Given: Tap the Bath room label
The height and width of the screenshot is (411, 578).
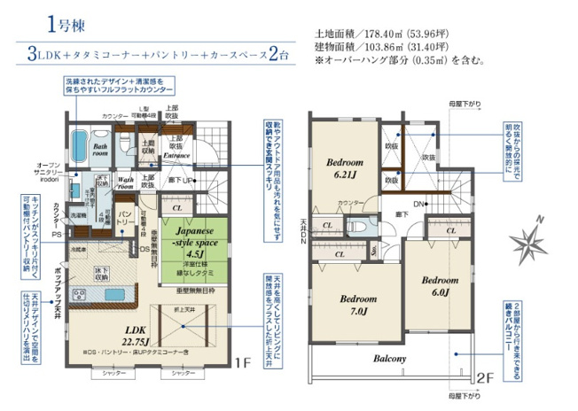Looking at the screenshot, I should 100,151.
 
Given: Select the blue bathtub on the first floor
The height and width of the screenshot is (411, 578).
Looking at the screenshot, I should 77,145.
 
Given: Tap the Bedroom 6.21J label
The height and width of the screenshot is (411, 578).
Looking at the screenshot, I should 343,168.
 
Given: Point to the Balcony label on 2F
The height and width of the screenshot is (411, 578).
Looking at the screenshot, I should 389,359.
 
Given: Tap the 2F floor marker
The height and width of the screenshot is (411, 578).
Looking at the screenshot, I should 484,375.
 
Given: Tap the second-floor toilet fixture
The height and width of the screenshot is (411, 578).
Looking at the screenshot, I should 373,226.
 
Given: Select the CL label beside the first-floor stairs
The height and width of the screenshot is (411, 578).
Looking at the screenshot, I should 178,209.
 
